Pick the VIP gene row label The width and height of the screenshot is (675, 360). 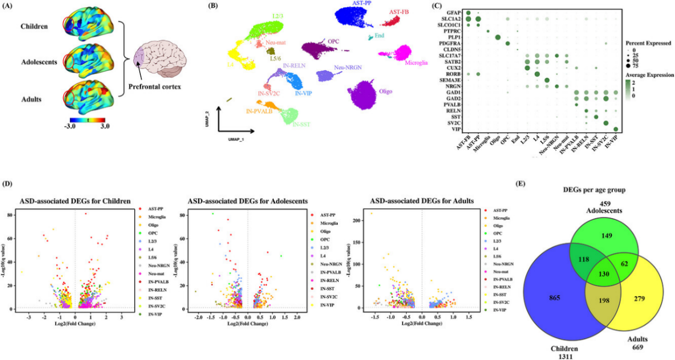(x=457, y=129)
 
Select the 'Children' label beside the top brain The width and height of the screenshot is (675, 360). (x=33, y=26)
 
